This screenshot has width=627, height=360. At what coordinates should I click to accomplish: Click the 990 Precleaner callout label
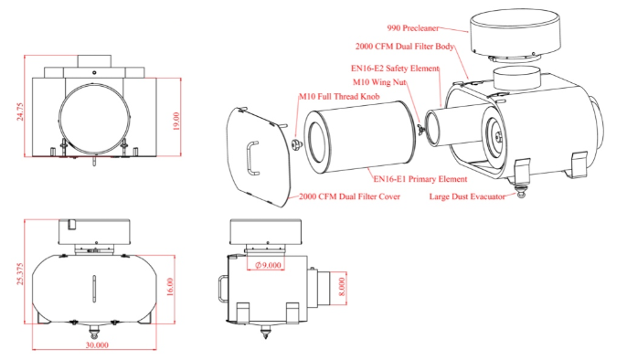coord(413,28)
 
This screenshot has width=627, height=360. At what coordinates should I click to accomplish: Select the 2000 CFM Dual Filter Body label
coord(405,47)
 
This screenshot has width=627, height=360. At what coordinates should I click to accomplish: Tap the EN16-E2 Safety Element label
coord(395,69)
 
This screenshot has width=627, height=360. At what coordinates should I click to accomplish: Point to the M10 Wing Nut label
coord(379,82)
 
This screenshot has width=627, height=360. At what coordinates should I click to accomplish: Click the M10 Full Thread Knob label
coord(339,96)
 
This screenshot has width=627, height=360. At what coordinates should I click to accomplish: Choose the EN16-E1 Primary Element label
coord(420,179)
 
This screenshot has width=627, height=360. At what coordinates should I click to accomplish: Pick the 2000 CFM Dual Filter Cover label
coord(349,196)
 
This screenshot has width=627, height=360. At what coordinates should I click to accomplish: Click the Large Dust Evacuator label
coord(467,196)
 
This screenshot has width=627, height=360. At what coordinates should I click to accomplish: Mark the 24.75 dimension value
coord(20,111)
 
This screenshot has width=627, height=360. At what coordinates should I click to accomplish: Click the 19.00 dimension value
coord(175,121)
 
